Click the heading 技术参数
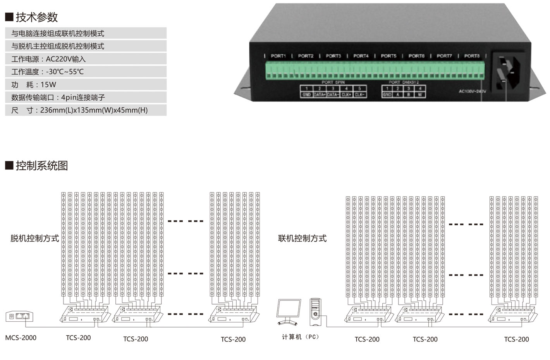click(x=37, y=17)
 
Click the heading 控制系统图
click(x=42, y=166)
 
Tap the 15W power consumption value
click(x=48, y=84)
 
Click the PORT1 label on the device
click(x=278, y=56)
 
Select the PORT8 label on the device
click(x=472, y=56)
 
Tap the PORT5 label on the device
click(x=388, y=56)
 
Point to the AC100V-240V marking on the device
click(x=472, y=91)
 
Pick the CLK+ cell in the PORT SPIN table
click(x=346, y=94)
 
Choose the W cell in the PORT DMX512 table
click(x=420, y=94)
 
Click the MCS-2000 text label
click(x=21, y=338)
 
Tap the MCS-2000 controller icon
click(x=19, y=316)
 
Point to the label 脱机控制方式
click(x=35, y=238)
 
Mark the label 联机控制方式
click(x=302, y=238)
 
